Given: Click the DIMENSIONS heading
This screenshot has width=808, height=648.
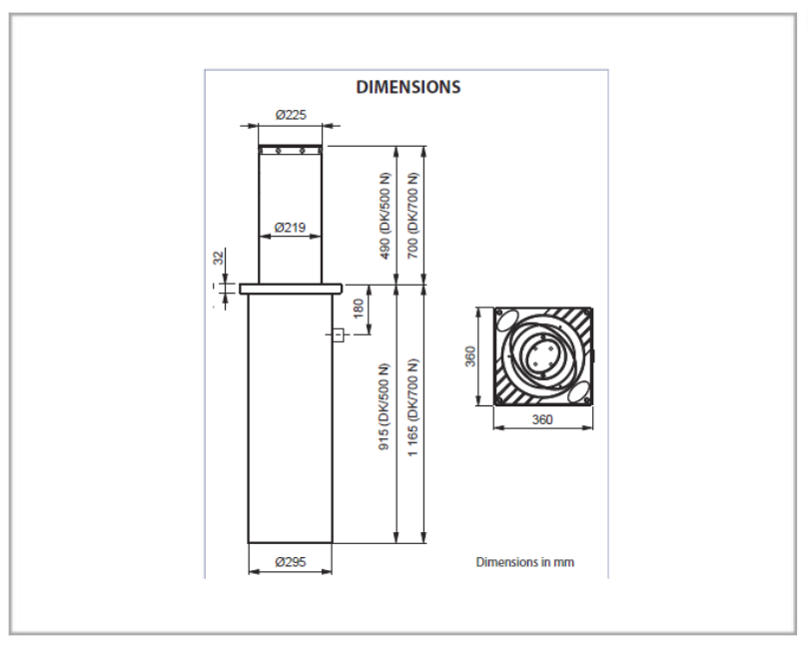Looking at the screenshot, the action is tap(408, 87).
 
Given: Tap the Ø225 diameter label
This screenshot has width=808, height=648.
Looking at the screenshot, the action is tap(291, 115).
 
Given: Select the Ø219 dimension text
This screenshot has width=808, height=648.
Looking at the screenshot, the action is tap(290, 227).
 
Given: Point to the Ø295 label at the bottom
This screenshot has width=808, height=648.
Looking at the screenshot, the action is tap(291, 561).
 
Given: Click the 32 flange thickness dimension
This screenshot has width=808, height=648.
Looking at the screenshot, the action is tap(220, 257).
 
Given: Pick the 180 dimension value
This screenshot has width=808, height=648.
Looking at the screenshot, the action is tap(359, 309).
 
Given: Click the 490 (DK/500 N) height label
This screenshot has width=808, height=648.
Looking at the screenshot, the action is tap(385, 216).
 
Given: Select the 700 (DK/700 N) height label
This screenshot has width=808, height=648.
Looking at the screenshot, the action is tap(412, 215).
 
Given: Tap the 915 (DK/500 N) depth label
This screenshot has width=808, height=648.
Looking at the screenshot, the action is tap(385, 407).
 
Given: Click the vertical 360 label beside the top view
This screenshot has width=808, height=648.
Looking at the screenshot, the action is tap(470, 356).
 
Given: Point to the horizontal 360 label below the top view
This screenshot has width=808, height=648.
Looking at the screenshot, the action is tap(542, 419).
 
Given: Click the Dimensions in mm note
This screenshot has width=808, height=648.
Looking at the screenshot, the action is tap(524, 562).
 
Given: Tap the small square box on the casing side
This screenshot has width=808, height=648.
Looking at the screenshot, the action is tap(338, 335).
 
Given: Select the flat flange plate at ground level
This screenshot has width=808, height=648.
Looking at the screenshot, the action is tap(291, 289).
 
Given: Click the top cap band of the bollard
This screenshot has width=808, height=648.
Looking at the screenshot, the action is tap(290, 150).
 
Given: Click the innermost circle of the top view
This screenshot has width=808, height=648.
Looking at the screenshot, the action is tap(541, 356).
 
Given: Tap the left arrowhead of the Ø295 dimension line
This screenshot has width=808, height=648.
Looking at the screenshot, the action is tap(253, 571).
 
